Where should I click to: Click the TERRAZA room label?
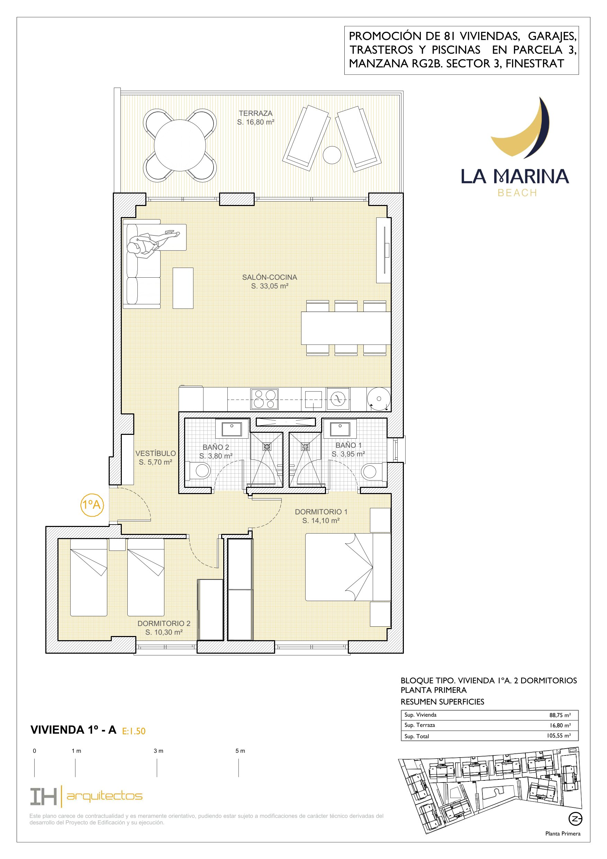255,113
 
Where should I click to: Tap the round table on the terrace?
180,145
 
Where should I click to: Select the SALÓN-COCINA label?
269,277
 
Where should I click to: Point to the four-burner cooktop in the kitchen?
264,399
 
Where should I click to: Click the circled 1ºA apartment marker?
92,505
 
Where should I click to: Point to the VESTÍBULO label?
156,454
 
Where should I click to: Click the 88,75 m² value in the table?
560,715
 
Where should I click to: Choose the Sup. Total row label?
417,736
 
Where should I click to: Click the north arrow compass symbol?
575,819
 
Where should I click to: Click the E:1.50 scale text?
134,731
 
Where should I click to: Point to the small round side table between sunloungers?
332,154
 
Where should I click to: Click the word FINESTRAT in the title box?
534,64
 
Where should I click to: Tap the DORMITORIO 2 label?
164,623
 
